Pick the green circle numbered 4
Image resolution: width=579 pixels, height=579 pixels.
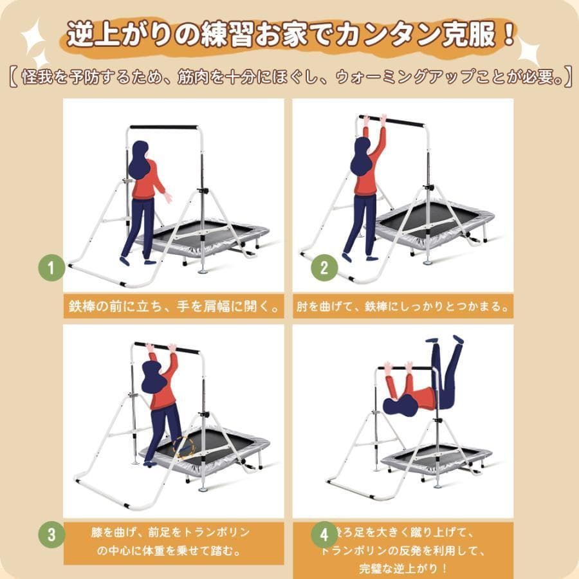[x=324, y=533]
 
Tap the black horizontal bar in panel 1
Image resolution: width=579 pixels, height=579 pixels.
[x=163, y=127]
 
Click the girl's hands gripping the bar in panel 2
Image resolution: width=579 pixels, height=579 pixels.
[x=373, y=119]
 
